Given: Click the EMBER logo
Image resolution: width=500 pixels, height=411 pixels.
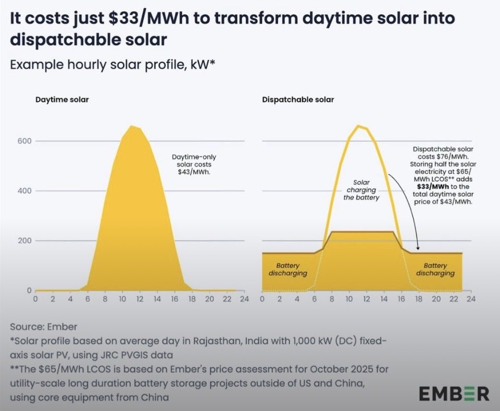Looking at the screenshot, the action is (454, 393).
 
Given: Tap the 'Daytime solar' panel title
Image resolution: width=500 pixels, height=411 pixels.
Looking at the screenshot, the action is (62, 100).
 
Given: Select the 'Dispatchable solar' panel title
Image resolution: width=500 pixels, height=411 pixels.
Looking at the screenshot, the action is (298, 100).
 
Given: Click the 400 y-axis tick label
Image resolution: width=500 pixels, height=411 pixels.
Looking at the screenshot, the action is (24, 191).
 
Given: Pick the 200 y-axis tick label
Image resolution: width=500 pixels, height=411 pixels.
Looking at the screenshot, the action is (24, 240).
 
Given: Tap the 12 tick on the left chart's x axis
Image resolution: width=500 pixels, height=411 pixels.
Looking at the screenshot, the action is (140, 299).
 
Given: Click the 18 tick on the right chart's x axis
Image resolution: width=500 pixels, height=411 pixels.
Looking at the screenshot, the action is (419, 299).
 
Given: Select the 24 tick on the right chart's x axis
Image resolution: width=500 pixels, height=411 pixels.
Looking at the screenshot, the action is (471, 299).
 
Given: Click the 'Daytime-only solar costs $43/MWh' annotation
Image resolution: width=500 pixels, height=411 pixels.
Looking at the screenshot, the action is (194, 164).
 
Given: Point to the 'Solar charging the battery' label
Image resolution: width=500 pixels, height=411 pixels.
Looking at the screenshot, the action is (361, 190).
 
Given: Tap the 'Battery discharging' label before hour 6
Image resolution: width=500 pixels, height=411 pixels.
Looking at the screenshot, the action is (287, 269).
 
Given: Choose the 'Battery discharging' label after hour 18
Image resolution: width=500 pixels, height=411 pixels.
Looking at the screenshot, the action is (435, 269).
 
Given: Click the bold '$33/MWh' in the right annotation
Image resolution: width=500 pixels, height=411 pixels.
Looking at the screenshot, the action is (433, 187).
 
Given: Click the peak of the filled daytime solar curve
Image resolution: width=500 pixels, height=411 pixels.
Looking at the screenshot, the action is (131, 126).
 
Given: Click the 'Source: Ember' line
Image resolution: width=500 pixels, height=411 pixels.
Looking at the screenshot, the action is (44, 327).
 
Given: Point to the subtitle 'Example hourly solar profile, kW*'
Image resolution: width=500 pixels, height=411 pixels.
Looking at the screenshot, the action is (113, 65).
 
